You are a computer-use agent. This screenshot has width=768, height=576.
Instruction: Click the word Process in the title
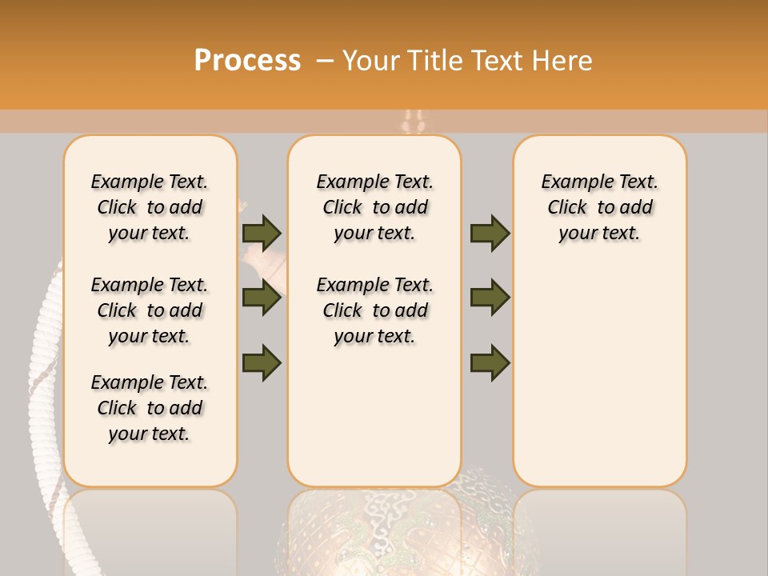coord(247,60)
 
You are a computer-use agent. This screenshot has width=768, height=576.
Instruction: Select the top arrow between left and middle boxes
coord(262,233)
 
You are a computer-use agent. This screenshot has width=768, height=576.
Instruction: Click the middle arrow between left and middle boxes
coord(262,298)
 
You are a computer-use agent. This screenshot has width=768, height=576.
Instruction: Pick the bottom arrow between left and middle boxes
coord(262,362)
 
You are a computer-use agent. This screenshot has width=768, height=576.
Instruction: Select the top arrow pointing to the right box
coord(490,233)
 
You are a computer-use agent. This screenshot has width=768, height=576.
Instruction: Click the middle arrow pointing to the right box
coord(490,298)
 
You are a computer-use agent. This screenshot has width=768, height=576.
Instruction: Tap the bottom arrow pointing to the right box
coord(490,362)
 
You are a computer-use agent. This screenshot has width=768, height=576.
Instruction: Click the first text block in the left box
coord(150,207)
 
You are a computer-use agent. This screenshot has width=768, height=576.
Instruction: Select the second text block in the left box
coord(150,310)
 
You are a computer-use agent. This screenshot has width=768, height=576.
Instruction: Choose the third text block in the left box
coord(150,408)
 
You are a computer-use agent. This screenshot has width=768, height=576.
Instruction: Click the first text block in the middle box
coord(375,207)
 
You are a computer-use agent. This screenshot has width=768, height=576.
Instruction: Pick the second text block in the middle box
coord(375,310)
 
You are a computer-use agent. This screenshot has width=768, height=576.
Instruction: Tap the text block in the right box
coord(600,207)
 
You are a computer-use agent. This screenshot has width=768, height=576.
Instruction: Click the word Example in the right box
coord(571,182)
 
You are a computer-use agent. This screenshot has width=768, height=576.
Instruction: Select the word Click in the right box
coord(567,208)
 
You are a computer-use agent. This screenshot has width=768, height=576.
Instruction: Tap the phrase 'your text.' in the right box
coord(600,234)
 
